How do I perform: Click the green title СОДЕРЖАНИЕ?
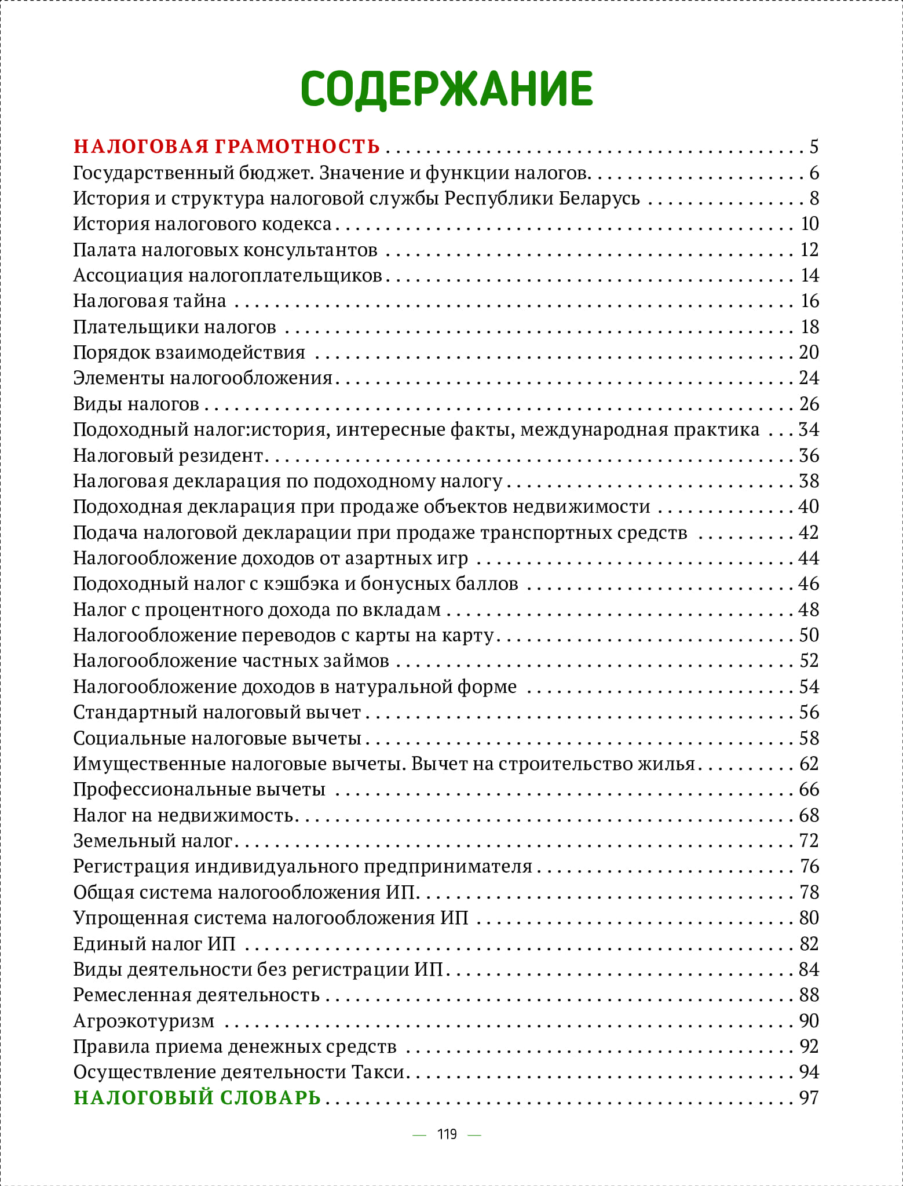(447, 89)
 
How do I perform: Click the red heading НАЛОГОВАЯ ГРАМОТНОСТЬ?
(226, 147)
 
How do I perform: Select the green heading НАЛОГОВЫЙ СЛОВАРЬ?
(197, 1097)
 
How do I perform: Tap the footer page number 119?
(447, 1134)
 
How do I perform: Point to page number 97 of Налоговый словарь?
(809, 1097)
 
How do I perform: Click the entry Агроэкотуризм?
(144, 1020)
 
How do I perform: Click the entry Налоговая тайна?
(149, 301)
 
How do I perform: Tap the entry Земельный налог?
(153, 840)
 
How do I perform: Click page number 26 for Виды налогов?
(809, 404)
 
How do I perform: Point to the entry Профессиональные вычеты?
(199, 789)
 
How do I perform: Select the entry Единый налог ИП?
(154, 943)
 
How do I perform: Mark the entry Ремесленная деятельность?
(196, 995)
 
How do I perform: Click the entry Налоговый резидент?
(169, 455)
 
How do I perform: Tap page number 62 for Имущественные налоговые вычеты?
(809, 764)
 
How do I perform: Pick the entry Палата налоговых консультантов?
(225, 250)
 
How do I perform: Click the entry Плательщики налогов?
(174, 327)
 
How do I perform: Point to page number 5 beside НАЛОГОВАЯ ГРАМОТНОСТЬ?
(814, 147)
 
